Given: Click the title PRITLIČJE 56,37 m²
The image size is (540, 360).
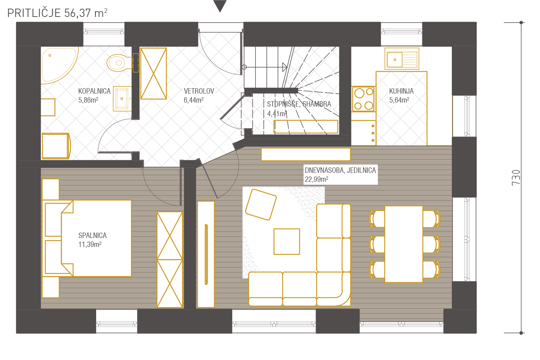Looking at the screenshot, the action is coord(57,13).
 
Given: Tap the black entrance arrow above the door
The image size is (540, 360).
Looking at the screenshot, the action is coord(220,5).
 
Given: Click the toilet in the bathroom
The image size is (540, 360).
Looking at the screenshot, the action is coord(120,63).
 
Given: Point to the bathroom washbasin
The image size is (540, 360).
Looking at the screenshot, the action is coord(122,98).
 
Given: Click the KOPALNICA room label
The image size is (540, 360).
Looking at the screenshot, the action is coord(94,91).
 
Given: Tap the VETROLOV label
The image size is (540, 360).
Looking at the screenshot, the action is coord(199,91).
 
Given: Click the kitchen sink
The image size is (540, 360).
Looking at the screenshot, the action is coord(402,59).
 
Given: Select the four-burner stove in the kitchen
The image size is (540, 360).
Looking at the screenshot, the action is coord(364,99).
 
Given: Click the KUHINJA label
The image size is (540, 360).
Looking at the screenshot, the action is coord(401,91).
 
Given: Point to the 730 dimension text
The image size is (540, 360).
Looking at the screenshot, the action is coord(516,178).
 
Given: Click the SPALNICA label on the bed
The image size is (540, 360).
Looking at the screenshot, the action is coord(92,235).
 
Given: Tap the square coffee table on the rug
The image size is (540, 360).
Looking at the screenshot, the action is coord(287,242).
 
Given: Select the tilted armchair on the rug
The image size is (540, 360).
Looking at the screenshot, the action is coord(261,204).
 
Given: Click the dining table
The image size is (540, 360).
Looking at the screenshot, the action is coord(404,244).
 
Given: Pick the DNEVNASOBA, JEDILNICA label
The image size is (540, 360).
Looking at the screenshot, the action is coord(340,170).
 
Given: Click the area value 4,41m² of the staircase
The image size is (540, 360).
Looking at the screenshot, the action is coord(277,113).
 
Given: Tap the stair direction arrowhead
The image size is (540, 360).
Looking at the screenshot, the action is coord(285,67).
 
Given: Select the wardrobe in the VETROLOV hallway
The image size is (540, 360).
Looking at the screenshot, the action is coord(154,73).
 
